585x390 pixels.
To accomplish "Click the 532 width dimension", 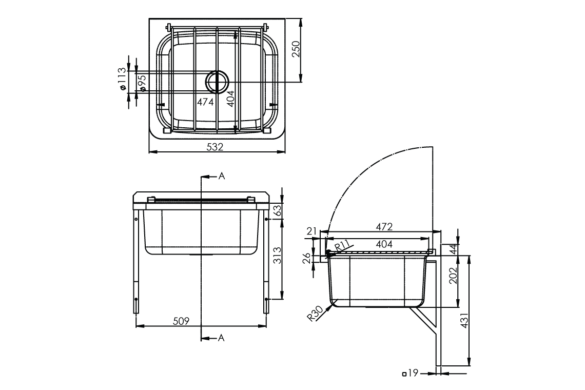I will (x=215, y=147).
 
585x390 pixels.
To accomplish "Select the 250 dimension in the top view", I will (x=296, y=50).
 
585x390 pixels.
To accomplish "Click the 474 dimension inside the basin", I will (x=205, y=102).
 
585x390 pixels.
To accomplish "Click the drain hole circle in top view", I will (x=217, y=82).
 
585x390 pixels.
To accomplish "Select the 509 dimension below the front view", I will (x=181, y=321).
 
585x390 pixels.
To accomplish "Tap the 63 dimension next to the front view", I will (x=278, y=210).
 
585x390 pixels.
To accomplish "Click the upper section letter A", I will (x=222, y=176).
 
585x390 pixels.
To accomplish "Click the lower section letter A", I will (x=222, y=337).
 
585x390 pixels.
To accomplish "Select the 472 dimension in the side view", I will (x=384, y=226).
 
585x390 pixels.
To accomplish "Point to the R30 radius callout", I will (x=315, y=313).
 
